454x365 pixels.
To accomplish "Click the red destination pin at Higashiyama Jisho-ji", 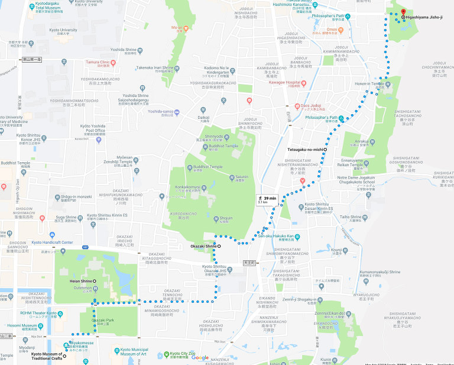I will coord(403,12).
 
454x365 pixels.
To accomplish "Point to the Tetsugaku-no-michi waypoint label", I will coord(305,150).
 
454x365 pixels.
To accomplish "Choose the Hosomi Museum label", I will coord(22,326).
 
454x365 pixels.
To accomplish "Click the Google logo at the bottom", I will coord(200,358).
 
